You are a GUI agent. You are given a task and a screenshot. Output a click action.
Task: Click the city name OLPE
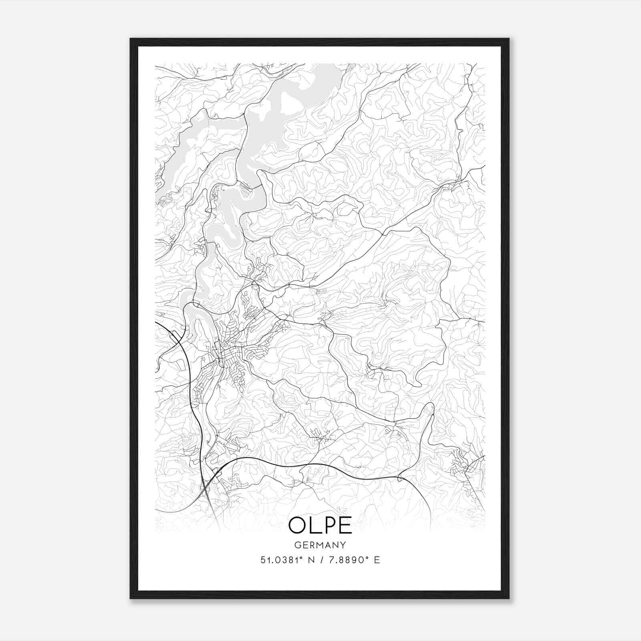[320, 525]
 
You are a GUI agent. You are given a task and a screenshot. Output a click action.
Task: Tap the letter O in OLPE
[298, 525]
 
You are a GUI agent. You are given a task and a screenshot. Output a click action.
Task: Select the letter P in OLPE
[329, 525]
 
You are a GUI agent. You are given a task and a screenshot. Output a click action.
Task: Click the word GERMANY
[320, 545]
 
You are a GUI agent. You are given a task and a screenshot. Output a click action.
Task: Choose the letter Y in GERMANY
[343, 545]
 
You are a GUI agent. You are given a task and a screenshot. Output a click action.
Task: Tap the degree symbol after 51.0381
[298, 557]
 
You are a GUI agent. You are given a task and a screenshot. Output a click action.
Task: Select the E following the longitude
[377, 560]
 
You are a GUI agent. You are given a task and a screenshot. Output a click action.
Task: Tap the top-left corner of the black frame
[131, 39]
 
